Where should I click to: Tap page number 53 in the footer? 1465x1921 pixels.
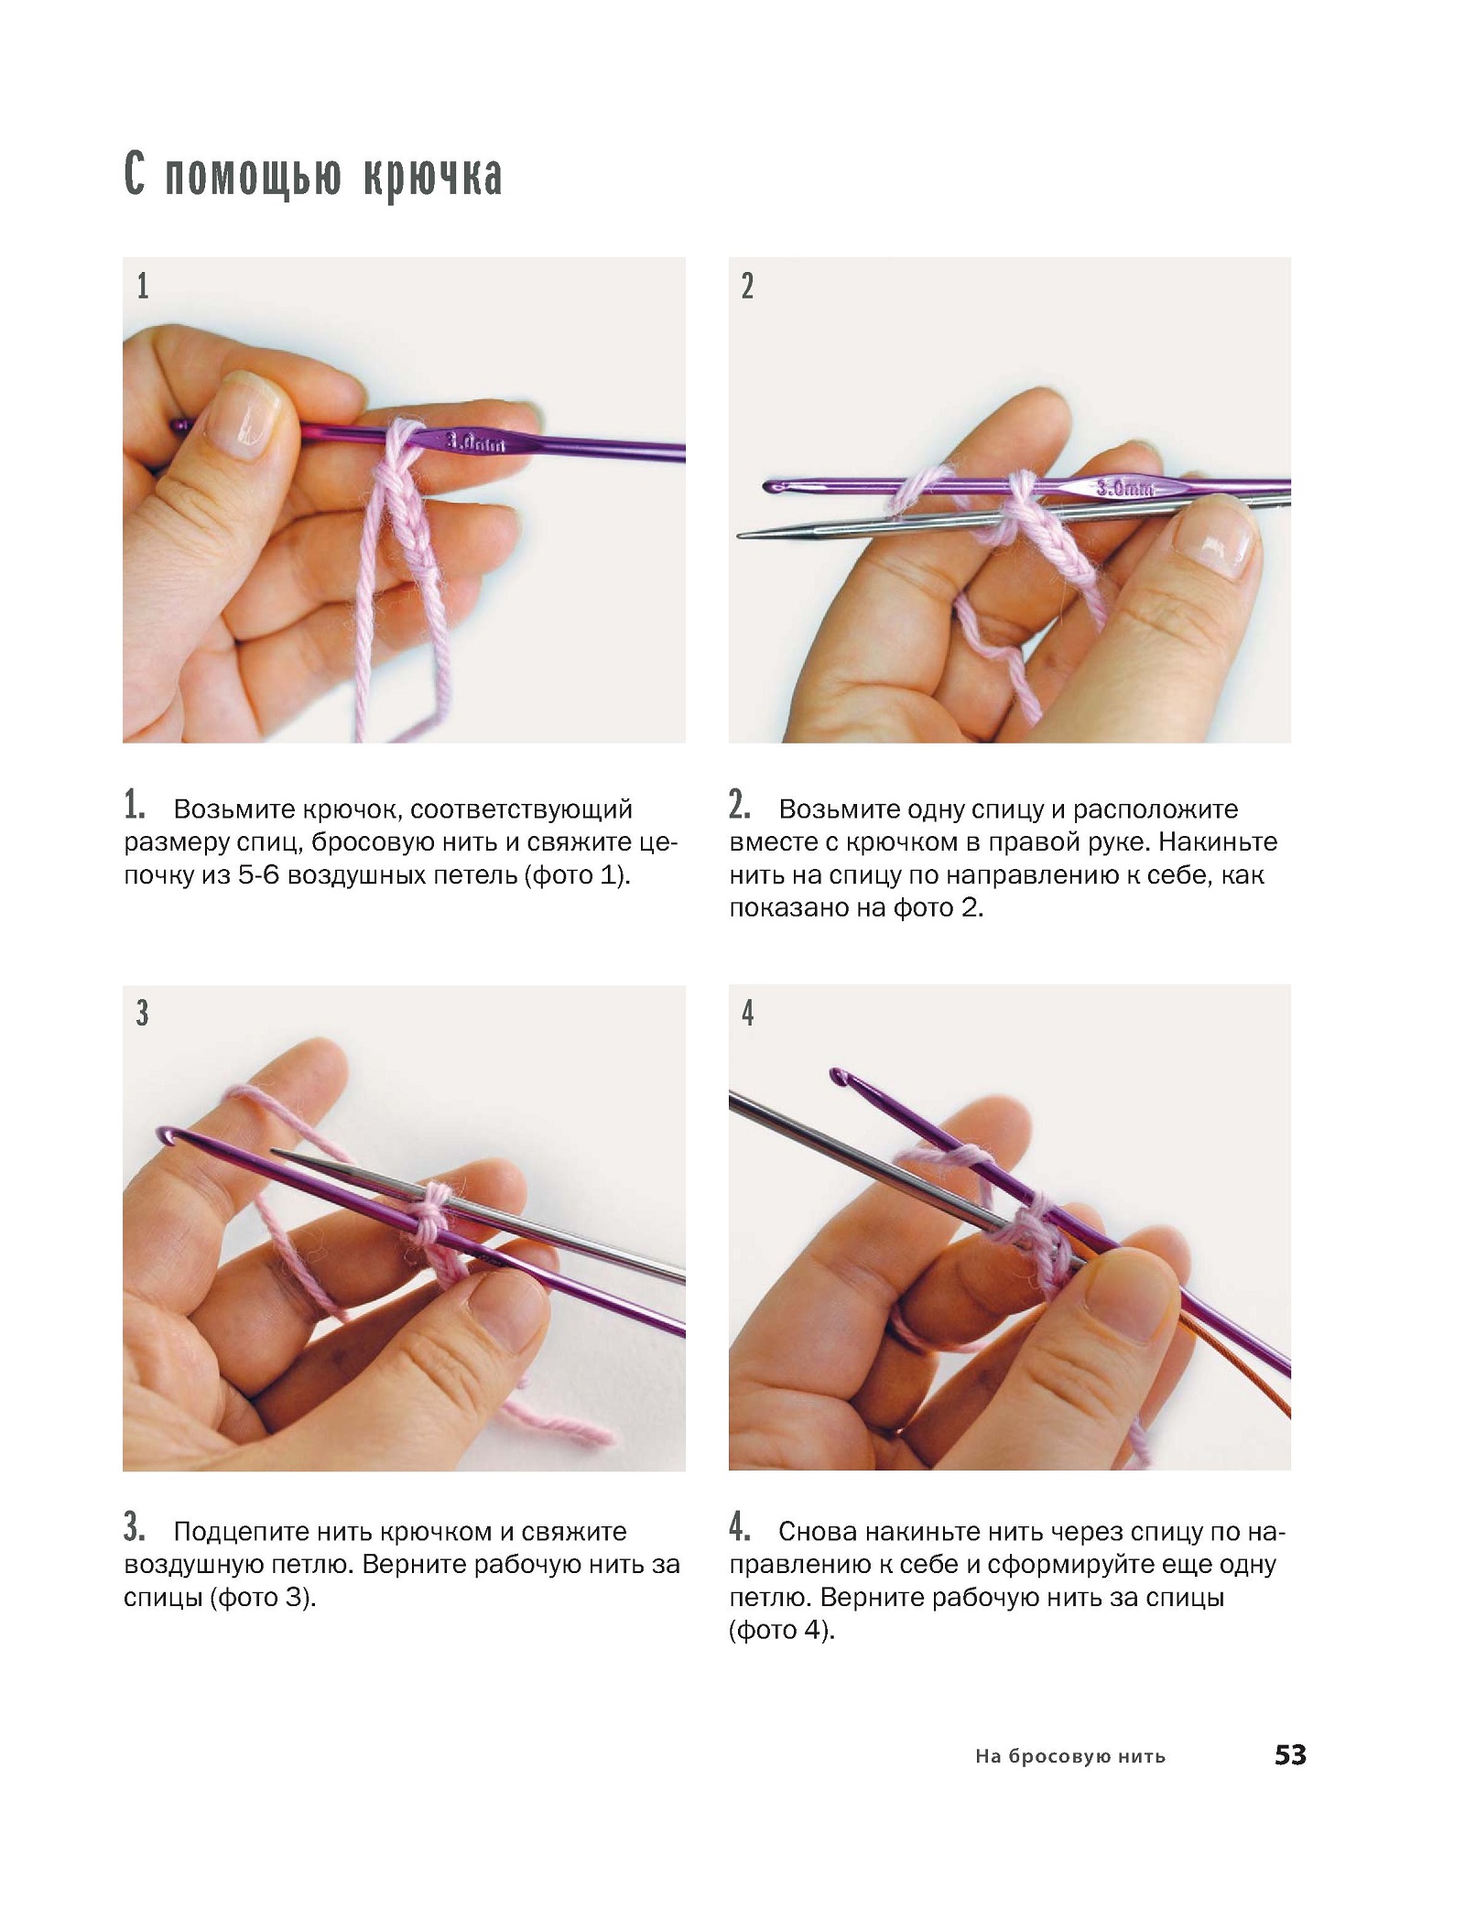(1290, 1755)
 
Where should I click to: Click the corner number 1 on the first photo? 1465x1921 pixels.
(143, 287)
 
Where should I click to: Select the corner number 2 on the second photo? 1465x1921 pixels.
(748, 287)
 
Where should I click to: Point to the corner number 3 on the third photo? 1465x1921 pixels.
(143, 1013)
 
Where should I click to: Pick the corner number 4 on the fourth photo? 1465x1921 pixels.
(748, 1013)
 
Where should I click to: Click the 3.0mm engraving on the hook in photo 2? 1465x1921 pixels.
(1126, 488)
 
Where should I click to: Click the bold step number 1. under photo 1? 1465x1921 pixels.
(135, 806)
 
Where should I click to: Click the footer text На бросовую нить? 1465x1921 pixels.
(1070, 1756)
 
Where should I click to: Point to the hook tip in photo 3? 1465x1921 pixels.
(167, 1135)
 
